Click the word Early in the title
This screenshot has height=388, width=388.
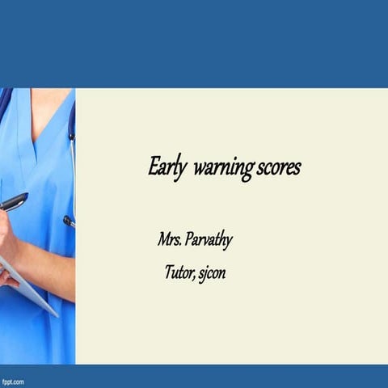tap(167, 168)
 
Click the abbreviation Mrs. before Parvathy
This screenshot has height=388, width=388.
tap(170, 240)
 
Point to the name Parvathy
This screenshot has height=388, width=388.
tap(210, 241)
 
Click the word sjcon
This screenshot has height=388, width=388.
tap(212, 273)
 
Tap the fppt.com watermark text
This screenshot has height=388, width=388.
tap(13, 381)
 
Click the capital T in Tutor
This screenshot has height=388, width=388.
tap(169, 272)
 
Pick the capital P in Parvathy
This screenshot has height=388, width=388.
tap(190, 240)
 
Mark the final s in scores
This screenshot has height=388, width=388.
tap(297, 169)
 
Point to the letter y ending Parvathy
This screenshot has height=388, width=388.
tap(230, 242)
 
